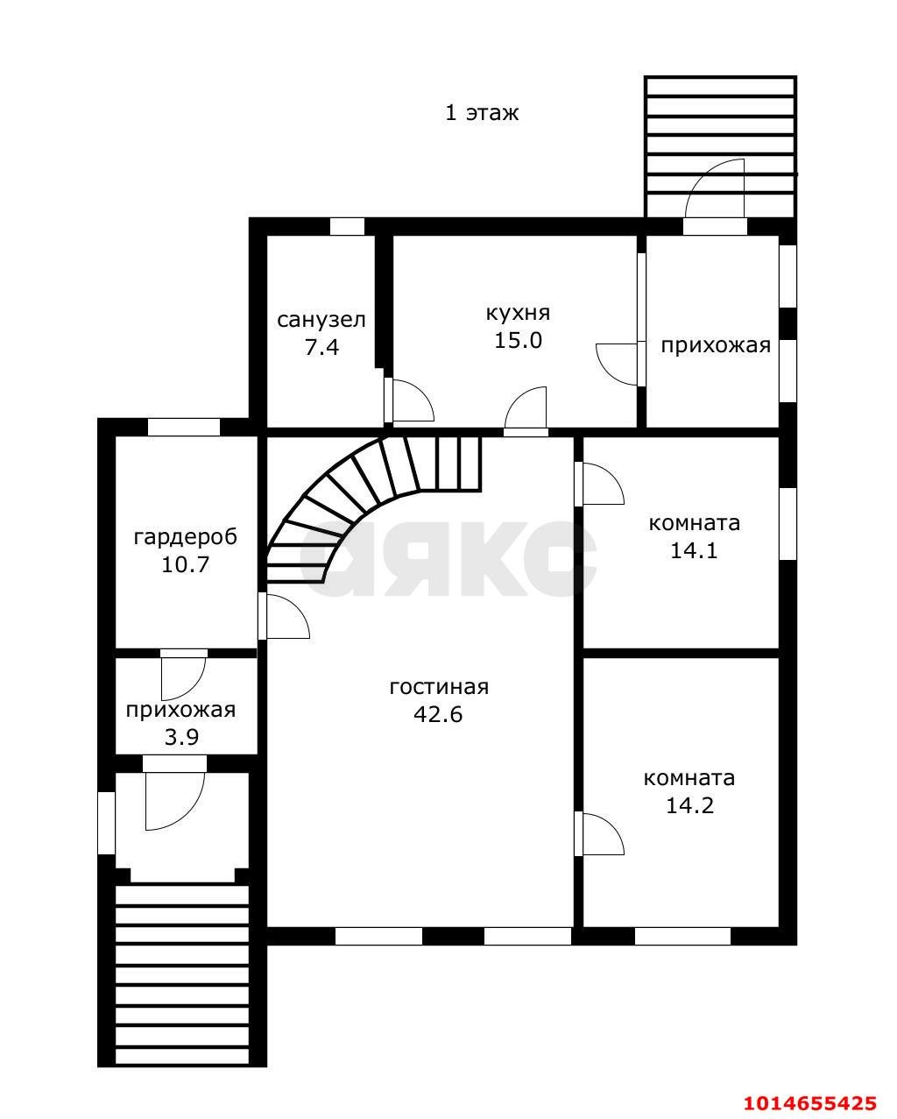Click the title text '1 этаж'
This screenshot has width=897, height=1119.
(482, 113)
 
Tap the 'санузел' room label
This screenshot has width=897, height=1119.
(321, 320)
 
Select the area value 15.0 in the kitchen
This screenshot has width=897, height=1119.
(518, 341)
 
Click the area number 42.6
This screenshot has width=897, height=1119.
(438, 714)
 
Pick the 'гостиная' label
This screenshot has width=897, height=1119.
(440, 687)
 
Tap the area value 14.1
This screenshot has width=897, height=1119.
(694, 550)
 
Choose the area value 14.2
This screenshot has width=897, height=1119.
(689, 805)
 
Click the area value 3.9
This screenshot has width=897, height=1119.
(181, 737)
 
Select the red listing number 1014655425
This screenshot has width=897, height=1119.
(810, 1099)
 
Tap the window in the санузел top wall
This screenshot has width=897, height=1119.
(348, 227)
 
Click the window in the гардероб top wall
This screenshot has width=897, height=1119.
(184, 427)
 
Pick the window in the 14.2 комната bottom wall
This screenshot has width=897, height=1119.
(682, 937)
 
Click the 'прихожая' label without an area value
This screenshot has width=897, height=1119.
(716, 346)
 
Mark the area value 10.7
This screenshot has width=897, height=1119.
(185, 564)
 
